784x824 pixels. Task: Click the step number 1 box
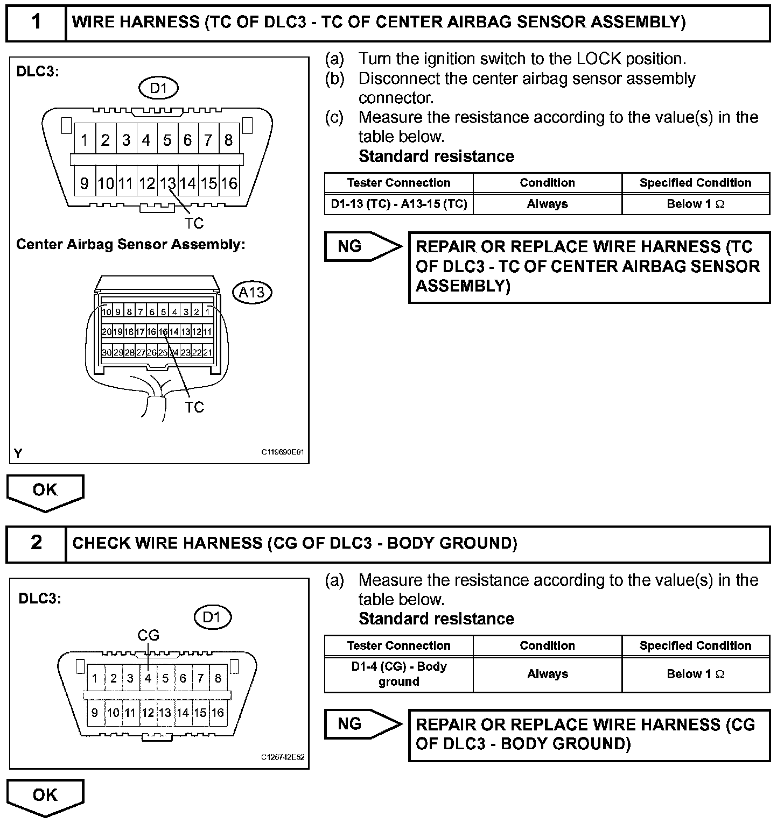tap(36, 22)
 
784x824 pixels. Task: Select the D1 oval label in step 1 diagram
tap(158, 88)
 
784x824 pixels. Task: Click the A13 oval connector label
tap(251, 292)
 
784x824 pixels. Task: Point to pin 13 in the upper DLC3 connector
tap(167, 183)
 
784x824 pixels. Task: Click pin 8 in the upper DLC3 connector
tap(229, 140)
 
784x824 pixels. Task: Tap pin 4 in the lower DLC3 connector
tap(148, 678)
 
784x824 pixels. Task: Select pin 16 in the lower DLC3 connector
tap(218, 713)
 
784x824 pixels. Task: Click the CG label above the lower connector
tap(149, 635)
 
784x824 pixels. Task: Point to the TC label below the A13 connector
tap(194, 407)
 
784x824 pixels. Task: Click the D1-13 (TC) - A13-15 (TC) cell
tap(398, 204)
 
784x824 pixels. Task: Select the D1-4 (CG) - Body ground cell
tap(398, 674)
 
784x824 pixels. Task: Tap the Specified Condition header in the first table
tap(695, 183)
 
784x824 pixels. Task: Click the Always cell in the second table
tap(547, 674)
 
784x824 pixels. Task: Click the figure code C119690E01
tap(283, 452)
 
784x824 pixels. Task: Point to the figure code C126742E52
tap(283, 757)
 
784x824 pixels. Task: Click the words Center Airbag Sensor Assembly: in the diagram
tap(131, 244)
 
